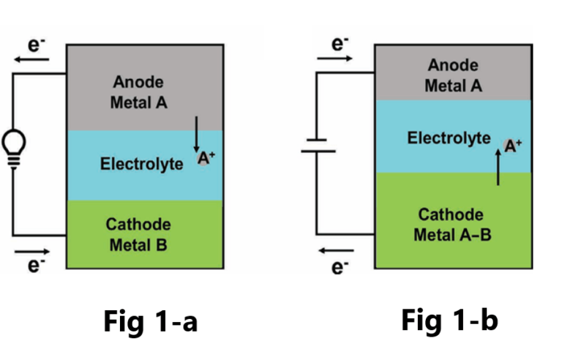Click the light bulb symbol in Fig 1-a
(x=12, y=144)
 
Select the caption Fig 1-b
(x=450, y=320)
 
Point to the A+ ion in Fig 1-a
(x=204, y=157)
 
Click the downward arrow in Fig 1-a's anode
(x=196, y=132)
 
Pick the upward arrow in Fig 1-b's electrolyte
(x=498, y=169)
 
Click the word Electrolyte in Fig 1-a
(x=141, y=164)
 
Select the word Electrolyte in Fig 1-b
(x=449, y=138)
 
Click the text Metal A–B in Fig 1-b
(x=450, y=235)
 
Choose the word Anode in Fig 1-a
(x=138, y=82)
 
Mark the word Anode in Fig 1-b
(x=453, y=66)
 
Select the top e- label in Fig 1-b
(x=338, y=43)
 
